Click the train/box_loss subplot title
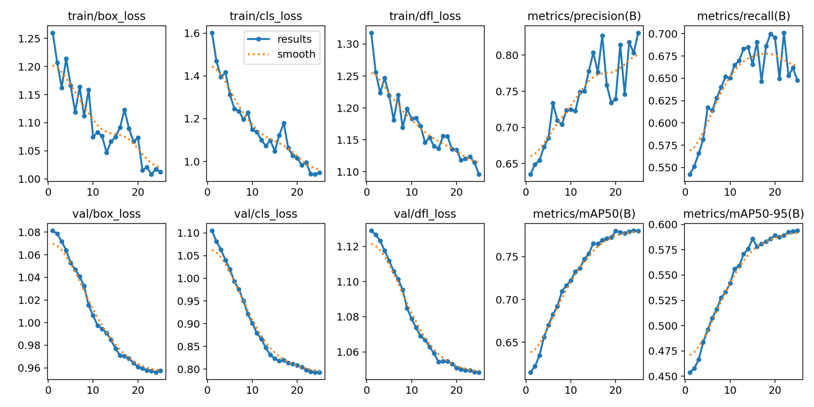[106, 16]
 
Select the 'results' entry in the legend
[294, 39]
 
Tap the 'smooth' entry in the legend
[296, 54]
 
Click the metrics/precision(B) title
[584, 16]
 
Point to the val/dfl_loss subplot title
[425, 214]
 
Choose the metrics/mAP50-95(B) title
[743, 214]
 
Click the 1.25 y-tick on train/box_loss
[30, 39]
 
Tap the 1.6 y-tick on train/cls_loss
[192, 33]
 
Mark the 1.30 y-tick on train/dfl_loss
[348, 44]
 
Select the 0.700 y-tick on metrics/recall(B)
[663, 34]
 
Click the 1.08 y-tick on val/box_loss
[30, 232]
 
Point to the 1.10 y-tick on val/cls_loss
[189, 233]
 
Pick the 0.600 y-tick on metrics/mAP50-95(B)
[663, 225]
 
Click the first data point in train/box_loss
[53, 33]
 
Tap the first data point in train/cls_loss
[212, 33]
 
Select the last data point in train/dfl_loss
[479, 174]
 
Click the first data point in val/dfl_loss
[371, 231]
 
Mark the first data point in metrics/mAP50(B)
[530, 373]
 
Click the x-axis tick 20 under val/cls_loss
[297, 390]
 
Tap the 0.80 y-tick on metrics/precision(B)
[507, 55]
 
